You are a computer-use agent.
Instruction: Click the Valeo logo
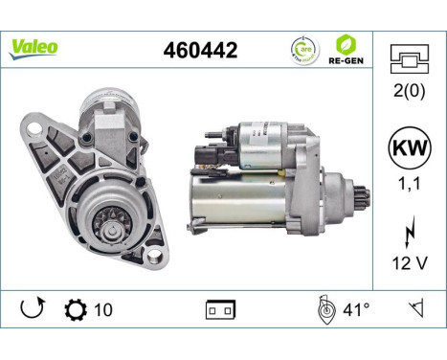pos(34,47)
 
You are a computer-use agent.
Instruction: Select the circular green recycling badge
pos(303,48)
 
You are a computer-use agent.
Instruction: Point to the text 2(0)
pos(411,91)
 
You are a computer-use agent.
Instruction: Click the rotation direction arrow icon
pos(31,309)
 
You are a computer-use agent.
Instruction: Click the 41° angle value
pos(358,309)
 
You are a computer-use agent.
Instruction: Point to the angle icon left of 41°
pos(325,309)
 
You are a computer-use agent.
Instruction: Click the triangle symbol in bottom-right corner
pos(416,309)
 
